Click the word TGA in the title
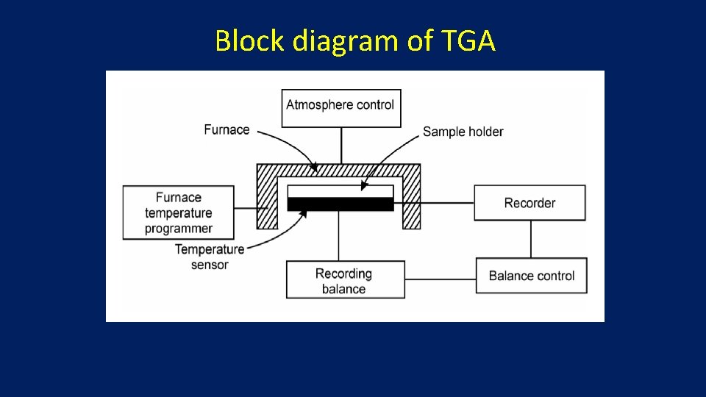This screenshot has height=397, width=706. (x=469, y=41)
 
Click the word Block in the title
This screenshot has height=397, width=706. (x=250, y=41)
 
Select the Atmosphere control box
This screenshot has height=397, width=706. (x=340, y=107)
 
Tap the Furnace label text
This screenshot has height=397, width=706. (x=227, y=130)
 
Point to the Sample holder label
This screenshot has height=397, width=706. (x=463, y=132)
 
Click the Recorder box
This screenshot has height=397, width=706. (x=529, y=203)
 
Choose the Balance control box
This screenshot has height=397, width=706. (x=531, y=276)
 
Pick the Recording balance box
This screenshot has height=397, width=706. (x=345, y=281)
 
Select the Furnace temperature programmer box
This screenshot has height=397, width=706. (x=178, y=212)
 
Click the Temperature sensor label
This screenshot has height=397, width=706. (x=209, y=257)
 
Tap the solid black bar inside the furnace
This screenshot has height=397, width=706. (x=340, y=204)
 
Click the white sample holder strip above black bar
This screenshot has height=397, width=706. (x=340, y=191)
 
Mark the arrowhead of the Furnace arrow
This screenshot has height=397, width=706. (x=315, y=168)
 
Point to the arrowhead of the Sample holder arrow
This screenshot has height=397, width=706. (x=364, y=187)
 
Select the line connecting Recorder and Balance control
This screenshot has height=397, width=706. (x=531, y=239)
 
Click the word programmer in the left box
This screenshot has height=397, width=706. (x=178, y=229)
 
